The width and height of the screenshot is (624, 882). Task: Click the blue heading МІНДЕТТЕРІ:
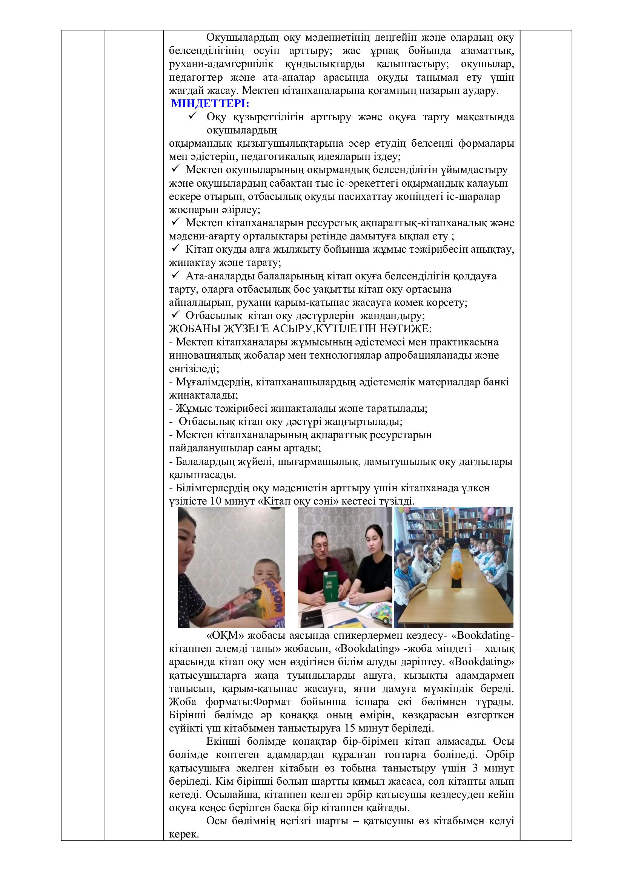tap(210, 104)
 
